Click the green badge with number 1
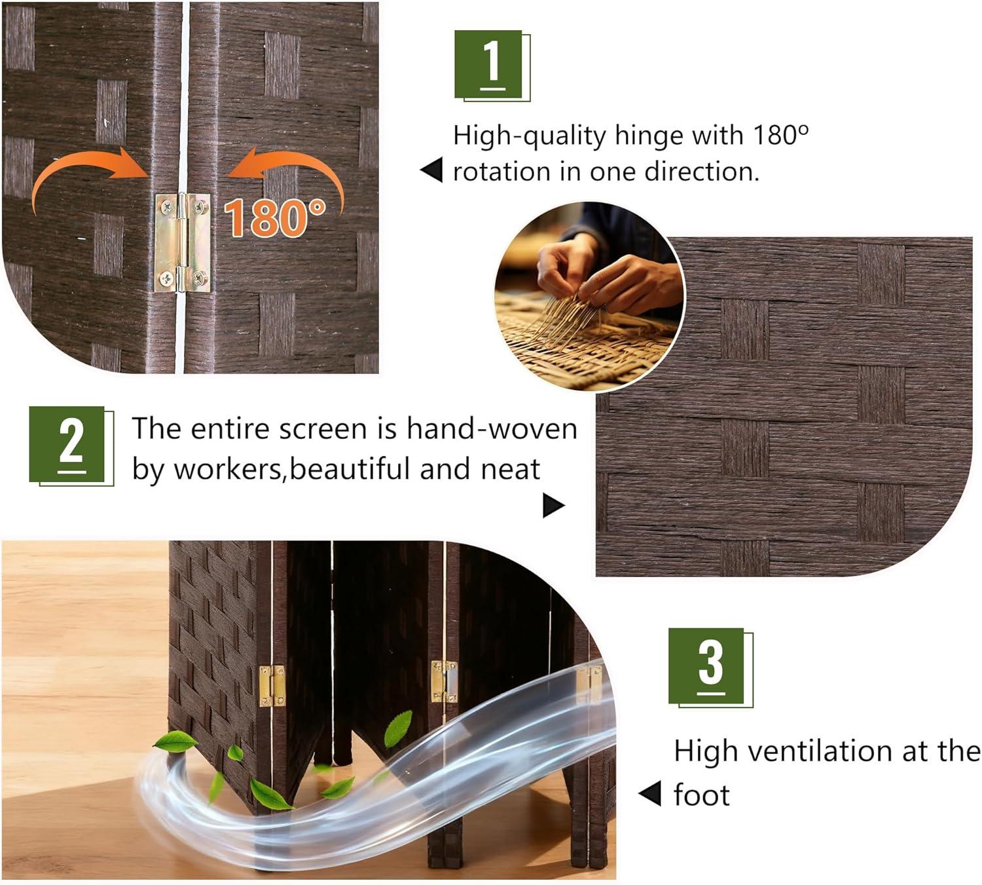point(492,66)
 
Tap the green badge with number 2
point(71,446)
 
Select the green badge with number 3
point(710,668)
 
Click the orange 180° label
point(274,218)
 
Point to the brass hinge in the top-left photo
point(183,242)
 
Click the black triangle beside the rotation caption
point(431,170)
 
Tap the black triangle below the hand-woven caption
point(554,505)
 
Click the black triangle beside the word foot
point(649,793)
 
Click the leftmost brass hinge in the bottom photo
point(272,686)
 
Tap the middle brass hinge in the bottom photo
point(444,681)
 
